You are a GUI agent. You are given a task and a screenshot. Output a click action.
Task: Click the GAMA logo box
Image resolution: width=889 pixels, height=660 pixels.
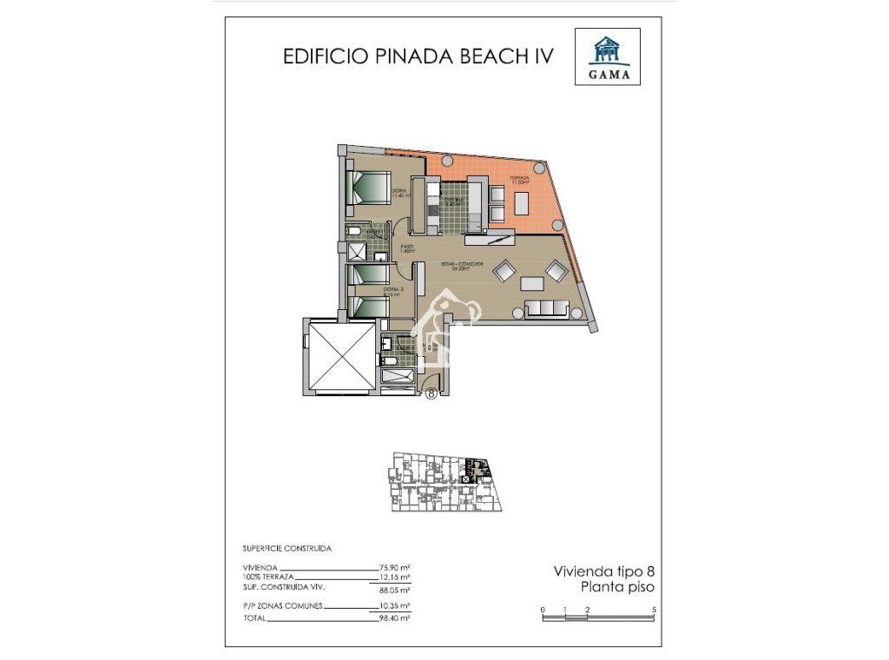coord(608,56)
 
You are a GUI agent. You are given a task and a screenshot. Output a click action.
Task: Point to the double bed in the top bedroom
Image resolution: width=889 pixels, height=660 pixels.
coord(370,187)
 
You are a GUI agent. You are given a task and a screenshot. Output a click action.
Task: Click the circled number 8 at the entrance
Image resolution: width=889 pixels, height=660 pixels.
coord(432,393)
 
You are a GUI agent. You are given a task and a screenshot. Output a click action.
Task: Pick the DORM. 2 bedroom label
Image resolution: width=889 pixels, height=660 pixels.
coord(392,291)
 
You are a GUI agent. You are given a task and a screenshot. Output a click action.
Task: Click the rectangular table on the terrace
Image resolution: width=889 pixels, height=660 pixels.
coord(521,202)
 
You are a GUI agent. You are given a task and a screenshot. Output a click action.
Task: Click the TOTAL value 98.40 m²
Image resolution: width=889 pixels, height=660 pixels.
coord(395,617)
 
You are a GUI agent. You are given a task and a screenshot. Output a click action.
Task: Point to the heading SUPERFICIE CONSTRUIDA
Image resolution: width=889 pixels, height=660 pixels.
coord(287,549)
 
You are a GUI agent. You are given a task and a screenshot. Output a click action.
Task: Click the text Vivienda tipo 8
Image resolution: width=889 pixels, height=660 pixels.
coord(603,571)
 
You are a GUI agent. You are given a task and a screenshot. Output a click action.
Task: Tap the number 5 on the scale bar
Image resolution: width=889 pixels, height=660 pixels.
coord(654,610)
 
